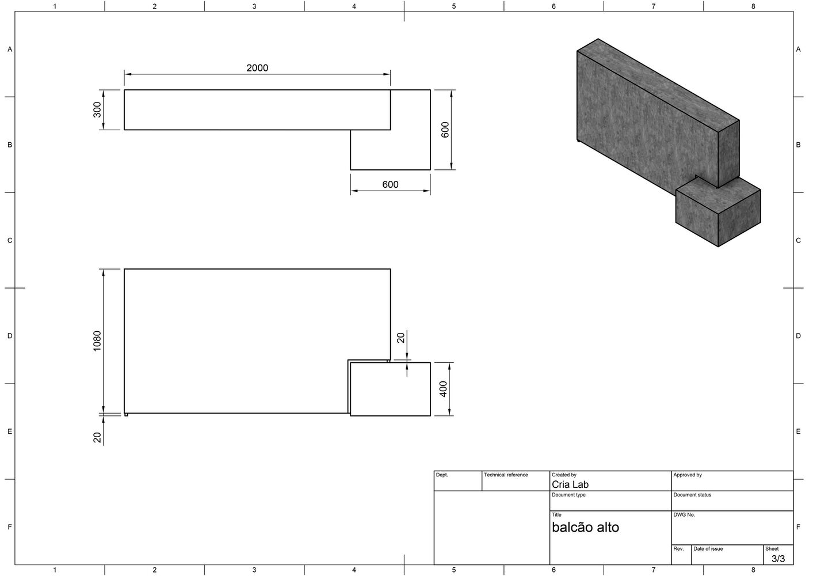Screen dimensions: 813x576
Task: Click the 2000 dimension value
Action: click(x=257, y=68)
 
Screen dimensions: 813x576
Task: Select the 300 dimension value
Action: click(x=97, y=110)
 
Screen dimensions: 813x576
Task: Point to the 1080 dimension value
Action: click(x=97, y=341)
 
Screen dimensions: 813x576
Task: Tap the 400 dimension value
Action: click(x=443, y=389)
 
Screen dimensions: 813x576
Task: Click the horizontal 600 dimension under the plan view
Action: click(x=390, y=184)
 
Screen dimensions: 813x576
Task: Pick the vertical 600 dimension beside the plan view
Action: click(x=445, y=130)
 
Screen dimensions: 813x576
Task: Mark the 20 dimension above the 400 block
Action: click(x=400, y=338)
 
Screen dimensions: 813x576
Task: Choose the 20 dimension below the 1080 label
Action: click(x=97, y=438)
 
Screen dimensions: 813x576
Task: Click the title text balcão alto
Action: click(x=585, y=527)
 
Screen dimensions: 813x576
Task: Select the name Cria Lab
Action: click(x=570, y=484)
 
